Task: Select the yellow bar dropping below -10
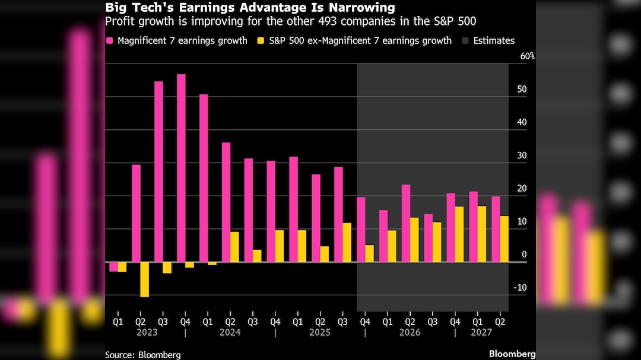pyautogui.click(x=144, y=279)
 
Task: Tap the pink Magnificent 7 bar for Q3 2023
pyautogui.click(x=159, y=171)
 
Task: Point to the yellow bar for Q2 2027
pyautogui.click(x=504, y=239)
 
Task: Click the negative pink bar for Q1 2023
pyautogui.click(x=113, y=266)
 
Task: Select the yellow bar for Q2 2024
pyautogui.click(x=234, y=247)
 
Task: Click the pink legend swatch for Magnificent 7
pyautogui.click(x=110, y=41)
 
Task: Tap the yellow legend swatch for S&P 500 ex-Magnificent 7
pyautogui.click(x=261, y=41)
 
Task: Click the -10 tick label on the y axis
pyautogui.click(x=521, y=288)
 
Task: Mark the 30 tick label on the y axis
pyautogui.click(x=522, y=155)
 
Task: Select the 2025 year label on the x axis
pyautogui.click(x=320, y=333)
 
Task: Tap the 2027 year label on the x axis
pyautogui.click(x=481, y=333)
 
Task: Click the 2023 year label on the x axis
pyautogui.click(x=147, y=333)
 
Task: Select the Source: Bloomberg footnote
pyautogui.click(x=143, y=355)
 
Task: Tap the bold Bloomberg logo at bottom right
pyautogui.click(x=512, y=354)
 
